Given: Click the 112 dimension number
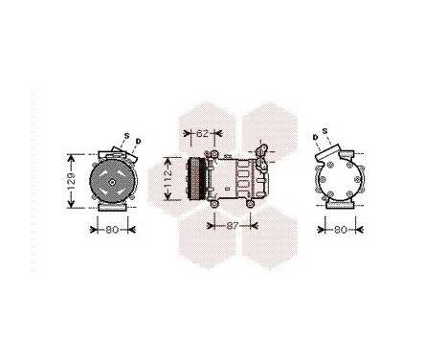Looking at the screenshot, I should [167, 179].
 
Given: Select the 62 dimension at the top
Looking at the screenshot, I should [203, 132].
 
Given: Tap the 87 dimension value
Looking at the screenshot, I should [233, 228].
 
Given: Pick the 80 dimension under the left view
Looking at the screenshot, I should [113, 229].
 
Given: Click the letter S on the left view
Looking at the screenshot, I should [125, 135].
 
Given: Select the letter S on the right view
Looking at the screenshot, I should [325, 130].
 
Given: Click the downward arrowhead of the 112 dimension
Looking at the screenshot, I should [167, 202].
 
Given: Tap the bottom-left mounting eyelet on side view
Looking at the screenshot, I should [215, 203].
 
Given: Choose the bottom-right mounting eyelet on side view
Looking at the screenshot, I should [255, 204].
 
